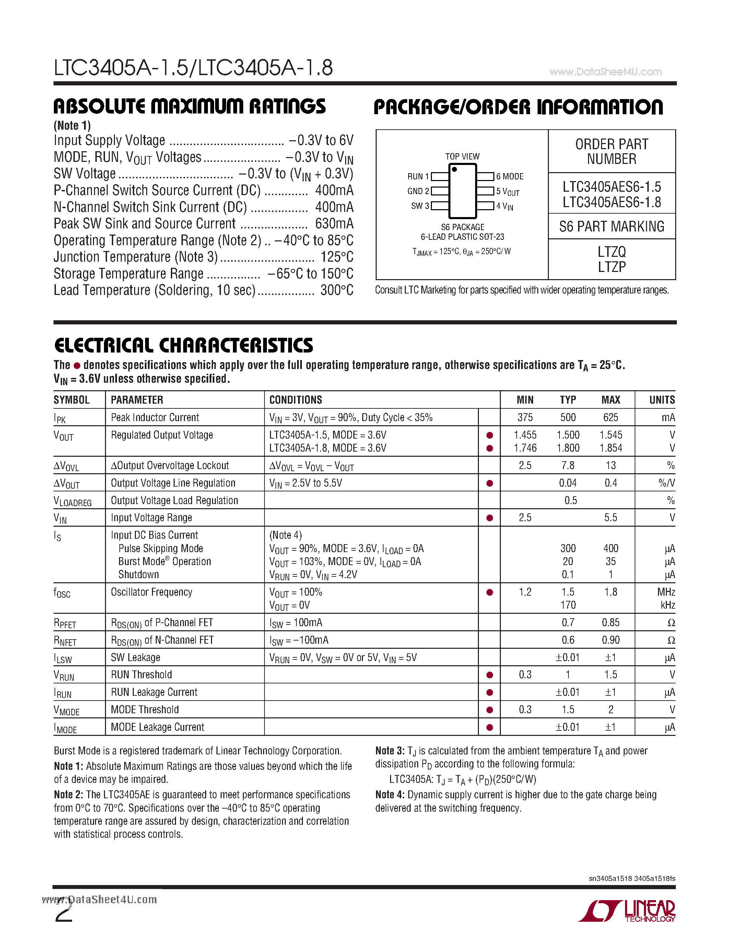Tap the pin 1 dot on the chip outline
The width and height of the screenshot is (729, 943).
(x=454, y=170)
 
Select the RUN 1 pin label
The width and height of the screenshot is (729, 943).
(x=418, y=177)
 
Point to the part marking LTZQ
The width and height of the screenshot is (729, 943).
(x=612, y=252)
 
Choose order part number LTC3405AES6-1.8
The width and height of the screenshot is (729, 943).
(x=612, y=202)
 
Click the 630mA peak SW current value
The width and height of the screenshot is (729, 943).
(x=334, y=224)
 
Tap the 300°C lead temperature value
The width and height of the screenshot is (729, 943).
(x=337, y=290)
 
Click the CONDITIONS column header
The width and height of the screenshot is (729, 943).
(x=295, y=400)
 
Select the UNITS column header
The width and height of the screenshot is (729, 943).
(x=662, y=400)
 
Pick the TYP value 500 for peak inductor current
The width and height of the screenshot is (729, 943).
(x=568, y=418)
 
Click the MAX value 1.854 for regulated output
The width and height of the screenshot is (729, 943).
(x=610, y=448)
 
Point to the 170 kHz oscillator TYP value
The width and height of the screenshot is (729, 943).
(x=568, y=605)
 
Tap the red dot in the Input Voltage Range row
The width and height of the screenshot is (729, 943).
(x=489, y=518)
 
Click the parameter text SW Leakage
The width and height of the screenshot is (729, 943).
(x=135, y=658)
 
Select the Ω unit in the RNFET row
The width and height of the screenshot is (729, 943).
(x=671, y=640)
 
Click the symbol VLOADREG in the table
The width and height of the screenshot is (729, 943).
(x=72, y=501)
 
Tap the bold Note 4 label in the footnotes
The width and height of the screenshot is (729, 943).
(x=390, y=795)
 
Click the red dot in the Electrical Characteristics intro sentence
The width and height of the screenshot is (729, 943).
(x=77, y=366)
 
